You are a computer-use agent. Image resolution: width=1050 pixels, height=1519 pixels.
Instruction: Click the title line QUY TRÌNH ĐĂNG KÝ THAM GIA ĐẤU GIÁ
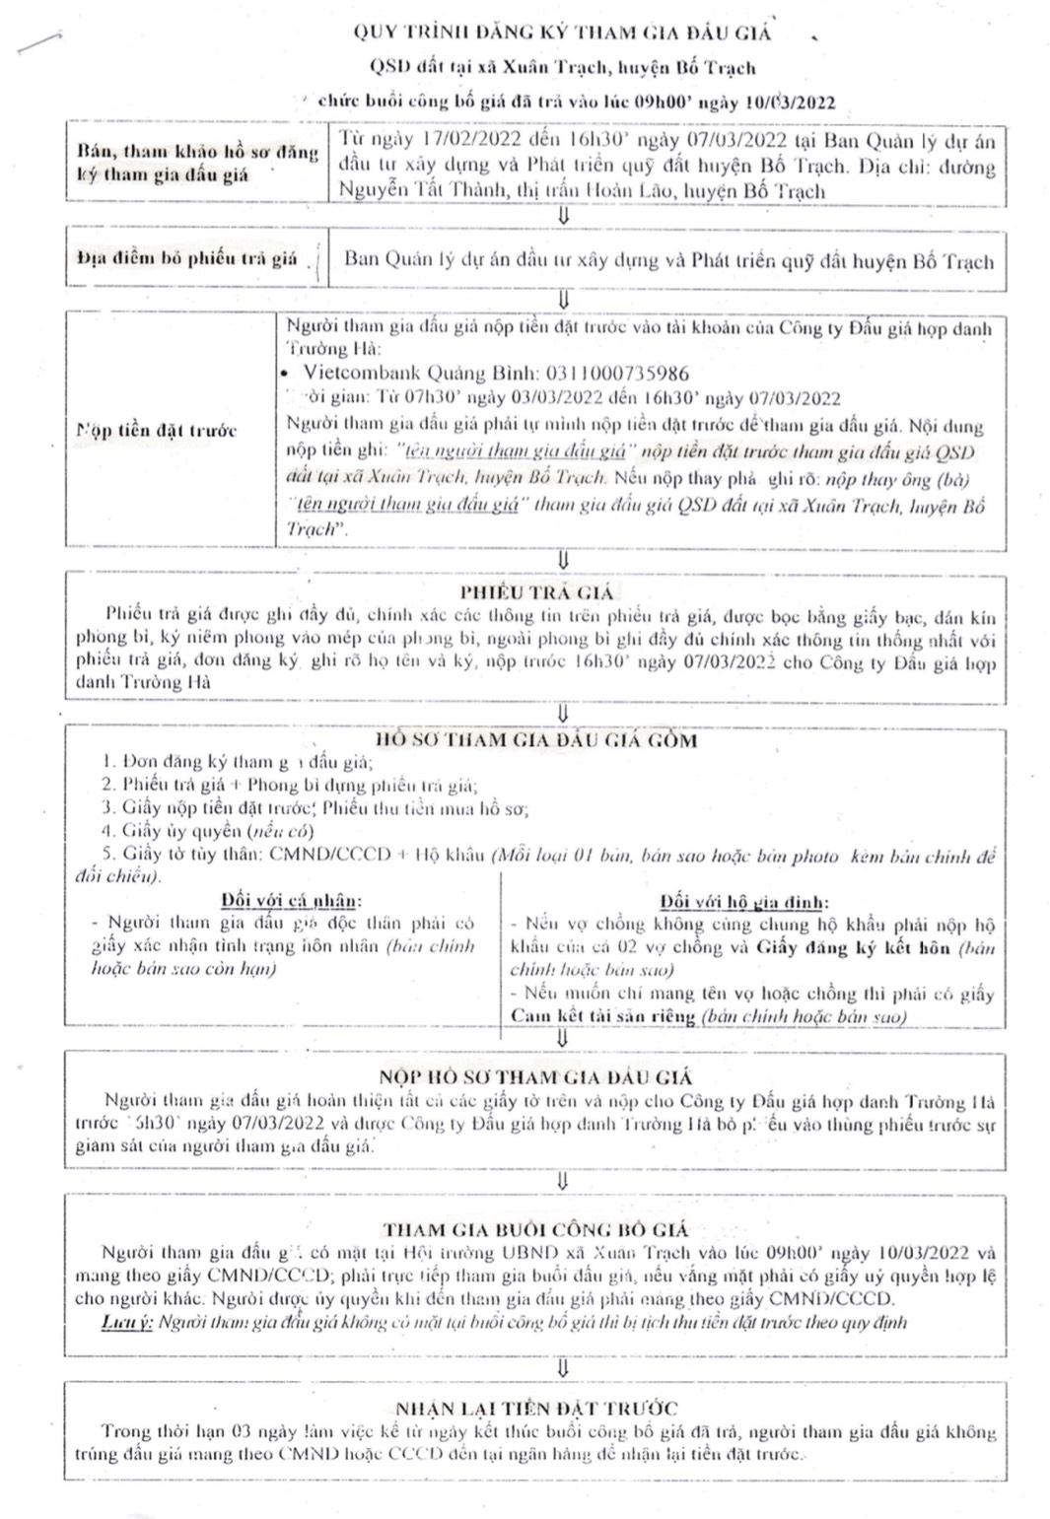tap(562, 33)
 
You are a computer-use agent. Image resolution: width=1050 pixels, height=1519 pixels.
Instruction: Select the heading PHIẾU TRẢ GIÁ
tap(536, 592)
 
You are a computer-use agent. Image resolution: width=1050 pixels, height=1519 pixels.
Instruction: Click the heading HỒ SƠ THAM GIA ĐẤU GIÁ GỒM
tap(536, 740)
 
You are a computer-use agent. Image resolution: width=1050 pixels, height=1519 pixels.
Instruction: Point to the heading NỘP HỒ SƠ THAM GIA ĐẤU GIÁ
tap(536, 1076)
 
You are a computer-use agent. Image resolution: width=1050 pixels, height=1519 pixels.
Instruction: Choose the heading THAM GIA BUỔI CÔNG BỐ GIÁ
tap(536, 1229)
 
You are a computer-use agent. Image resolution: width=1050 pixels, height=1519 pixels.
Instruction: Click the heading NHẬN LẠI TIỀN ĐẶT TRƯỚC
tap(536, 1409)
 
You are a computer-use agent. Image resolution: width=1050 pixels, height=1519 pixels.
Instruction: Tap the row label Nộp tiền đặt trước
tap(157, 431)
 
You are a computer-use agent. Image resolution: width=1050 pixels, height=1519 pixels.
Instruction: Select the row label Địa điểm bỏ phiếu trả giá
tap(187, 258)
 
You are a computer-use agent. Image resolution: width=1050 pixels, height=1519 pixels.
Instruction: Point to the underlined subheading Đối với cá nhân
tap(291, 900)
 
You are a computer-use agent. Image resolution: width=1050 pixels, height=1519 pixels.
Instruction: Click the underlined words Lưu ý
tap(127, 1322)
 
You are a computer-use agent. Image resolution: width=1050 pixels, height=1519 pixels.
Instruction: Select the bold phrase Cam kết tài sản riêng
tap(602, 1016)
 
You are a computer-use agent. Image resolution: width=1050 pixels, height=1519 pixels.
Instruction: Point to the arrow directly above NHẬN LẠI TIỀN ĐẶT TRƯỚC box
tap(563, 1368)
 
